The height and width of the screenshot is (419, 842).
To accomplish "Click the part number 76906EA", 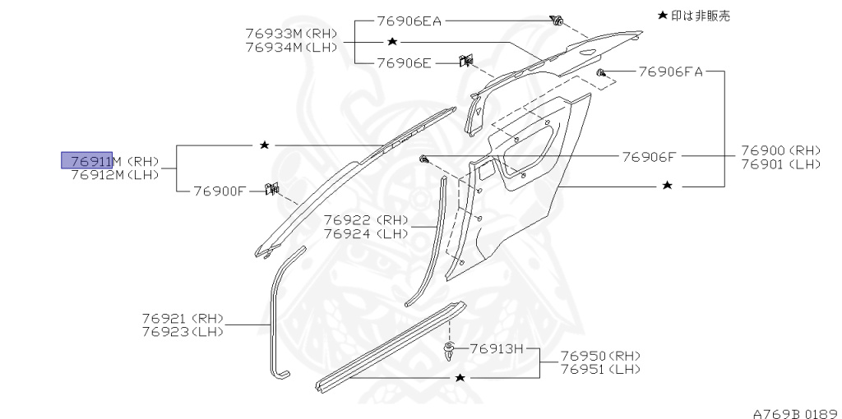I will point(409,21).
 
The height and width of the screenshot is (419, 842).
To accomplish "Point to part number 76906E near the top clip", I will point(404,62).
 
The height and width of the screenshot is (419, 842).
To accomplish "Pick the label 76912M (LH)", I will point(114,174).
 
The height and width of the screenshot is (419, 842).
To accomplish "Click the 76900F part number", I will point(220,191).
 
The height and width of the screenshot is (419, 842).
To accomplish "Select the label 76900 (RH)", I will point(780,150).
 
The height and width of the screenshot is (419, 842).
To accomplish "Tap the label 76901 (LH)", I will point(780,163).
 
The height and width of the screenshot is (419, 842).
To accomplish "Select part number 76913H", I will point(496,348).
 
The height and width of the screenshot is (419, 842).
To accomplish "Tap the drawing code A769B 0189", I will point(793,408).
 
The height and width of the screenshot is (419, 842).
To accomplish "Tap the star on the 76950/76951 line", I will point(460,377).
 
